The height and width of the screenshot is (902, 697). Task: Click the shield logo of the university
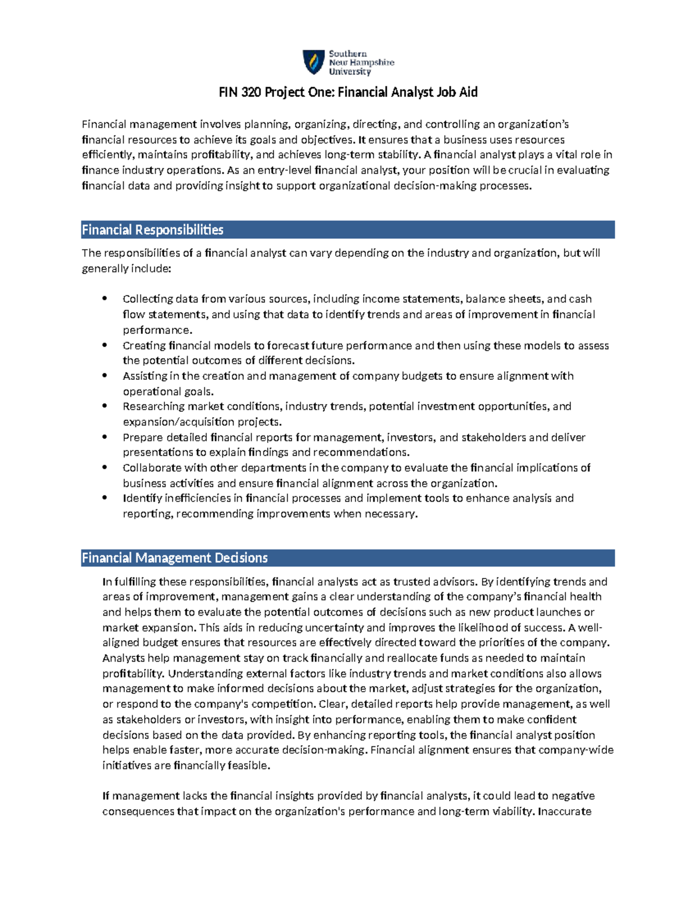click(314, 62)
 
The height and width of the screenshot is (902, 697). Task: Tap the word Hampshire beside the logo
click(372, 62)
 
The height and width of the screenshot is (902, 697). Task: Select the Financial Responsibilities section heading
click(153, 230)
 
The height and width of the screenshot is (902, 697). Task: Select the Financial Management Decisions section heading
click(174, 558)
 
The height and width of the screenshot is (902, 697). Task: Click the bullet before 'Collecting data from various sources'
click(105, 299)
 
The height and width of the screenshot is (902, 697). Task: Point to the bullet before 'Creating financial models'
click(105, 345)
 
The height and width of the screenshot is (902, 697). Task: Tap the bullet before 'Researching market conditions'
click(105, 406)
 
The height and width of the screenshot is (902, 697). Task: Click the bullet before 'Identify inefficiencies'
click(105, 498)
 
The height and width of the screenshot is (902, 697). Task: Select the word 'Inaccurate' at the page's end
click(565, 811)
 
